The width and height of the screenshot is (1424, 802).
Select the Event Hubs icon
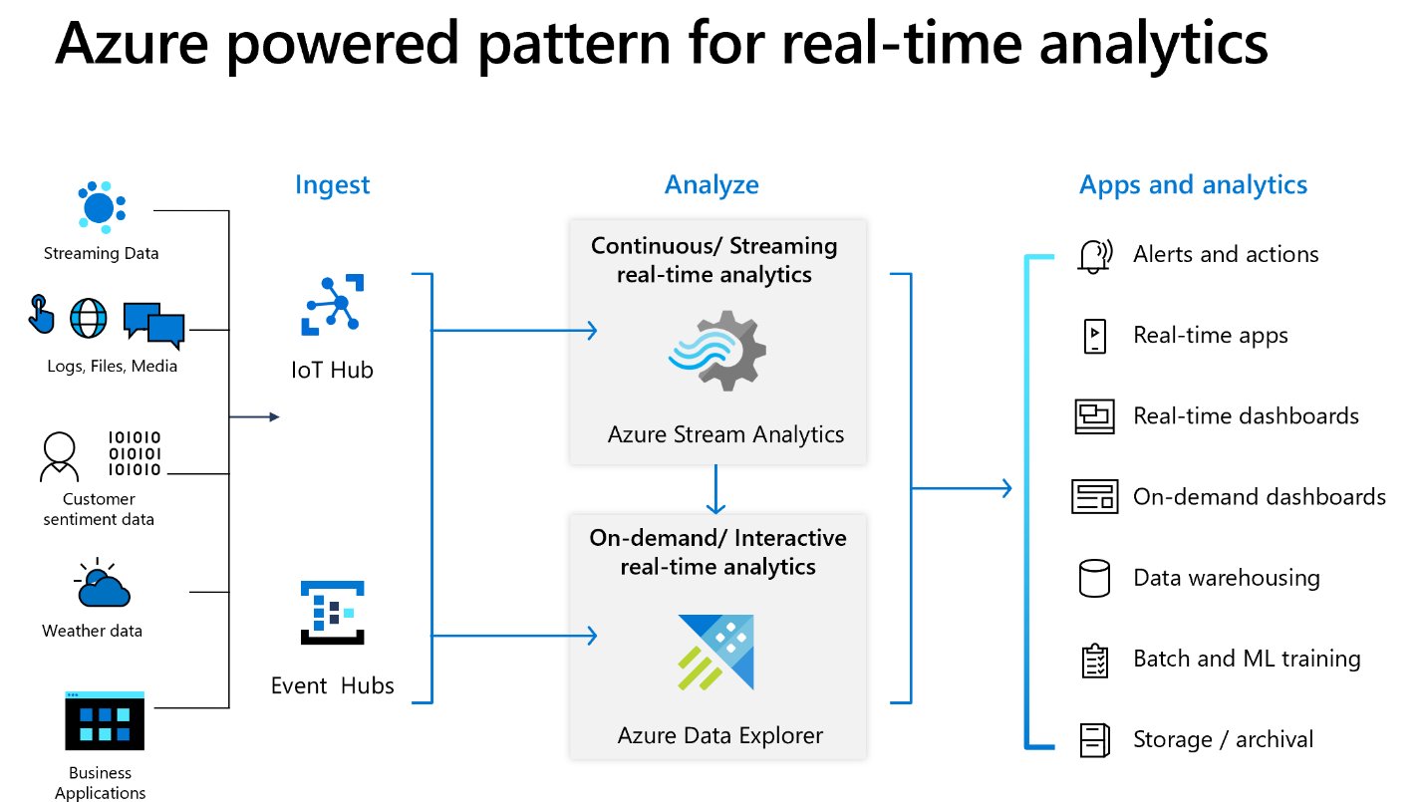click(333, 618)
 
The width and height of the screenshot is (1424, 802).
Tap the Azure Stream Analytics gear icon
click(717, 350)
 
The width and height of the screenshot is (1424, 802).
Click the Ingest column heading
click(332, 185)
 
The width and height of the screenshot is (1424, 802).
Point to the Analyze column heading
click(712, 185)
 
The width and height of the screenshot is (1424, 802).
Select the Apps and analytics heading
click(1193, 185)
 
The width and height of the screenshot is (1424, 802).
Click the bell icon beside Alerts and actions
click(1093, 256)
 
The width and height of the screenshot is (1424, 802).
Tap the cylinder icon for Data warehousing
click(1093, 578)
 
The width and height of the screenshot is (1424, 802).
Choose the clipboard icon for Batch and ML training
click(1094, 660)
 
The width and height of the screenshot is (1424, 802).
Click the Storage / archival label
click(1223, 739)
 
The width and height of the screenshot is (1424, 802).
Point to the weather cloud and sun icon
click(102, 584)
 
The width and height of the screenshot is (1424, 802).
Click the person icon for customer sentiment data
click(59, 457)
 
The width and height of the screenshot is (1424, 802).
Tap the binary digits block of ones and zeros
click(134, 453)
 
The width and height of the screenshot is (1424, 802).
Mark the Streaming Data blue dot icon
click(100, 207)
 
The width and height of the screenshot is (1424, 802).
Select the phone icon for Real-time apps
click(1093, 336)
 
